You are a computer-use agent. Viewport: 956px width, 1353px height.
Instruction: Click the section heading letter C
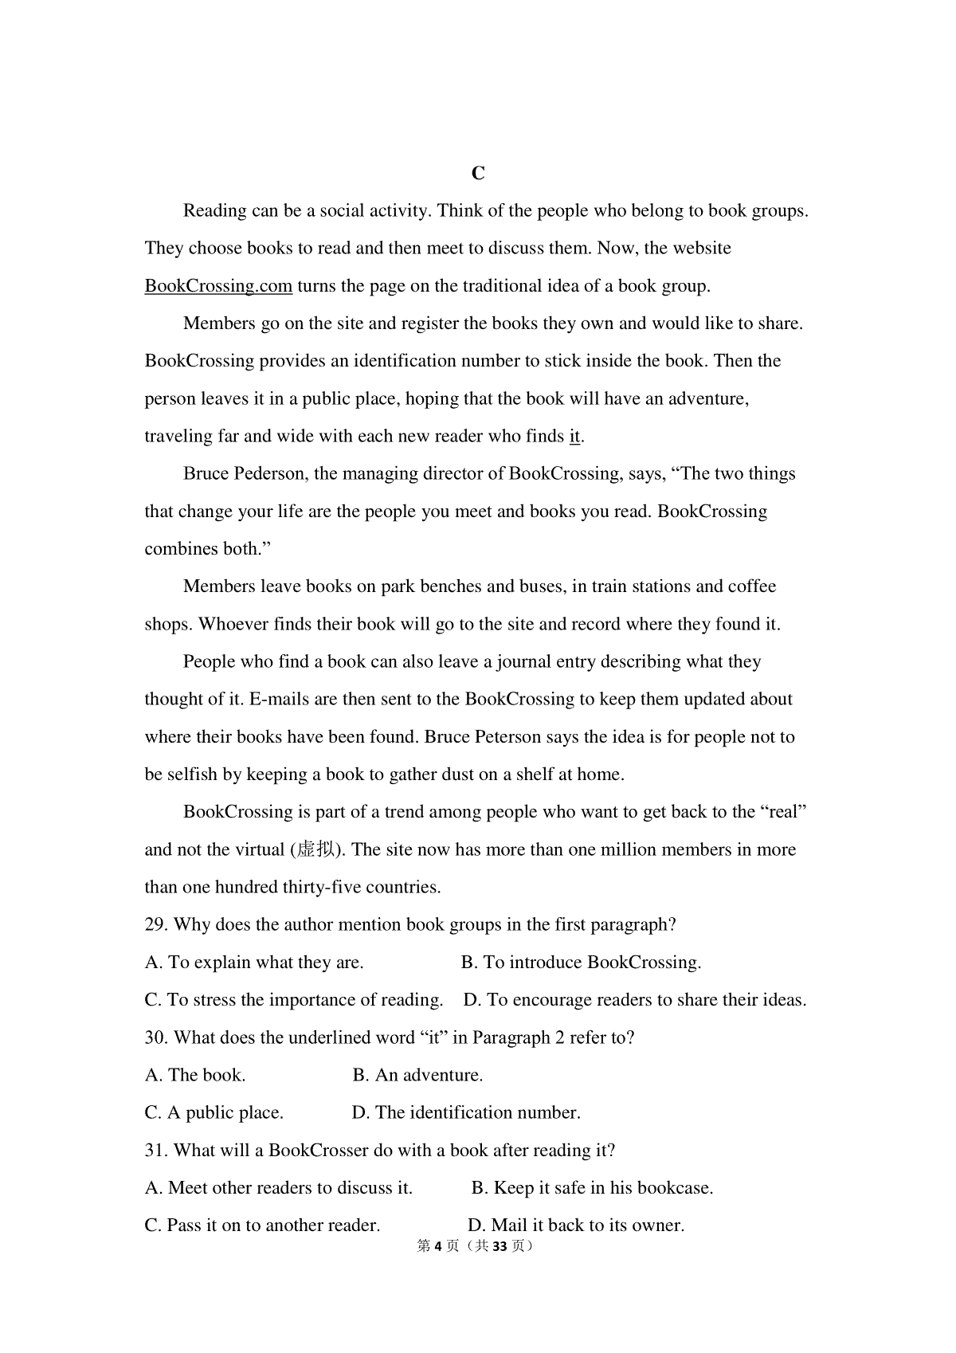pos(478,174)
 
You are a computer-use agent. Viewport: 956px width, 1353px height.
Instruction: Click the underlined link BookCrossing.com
pos(218,286)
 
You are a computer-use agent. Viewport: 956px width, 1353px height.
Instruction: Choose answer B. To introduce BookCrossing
pos(581,963)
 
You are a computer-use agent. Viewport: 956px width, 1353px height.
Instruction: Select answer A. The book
pos(195,1076)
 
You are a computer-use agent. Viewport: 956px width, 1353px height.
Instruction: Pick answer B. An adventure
pos(417,1076)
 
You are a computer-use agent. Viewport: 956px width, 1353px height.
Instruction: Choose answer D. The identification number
pos(466,1113)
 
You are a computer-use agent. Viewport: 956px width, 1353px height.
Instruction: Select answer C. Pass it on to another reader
pos(262,1226)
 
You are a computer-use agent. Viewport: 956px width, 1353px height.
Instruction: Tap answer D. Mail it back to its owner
pos(575,1226)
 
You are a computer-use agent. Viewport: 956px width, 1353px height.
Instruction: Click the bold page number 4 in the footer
pos(437,1246)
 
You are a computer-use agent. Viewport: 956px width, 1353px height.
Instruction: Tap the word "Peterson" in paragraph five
pos(507,737)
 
